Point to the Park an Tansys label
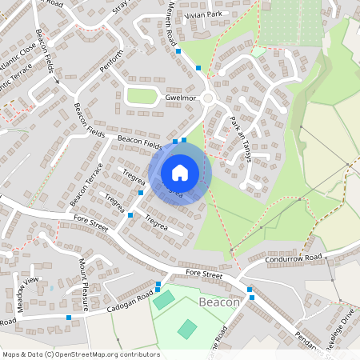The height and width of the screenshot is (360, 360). pyautogui.click(x=241, y=140)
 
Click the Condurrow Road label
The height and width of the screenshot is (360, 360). pyautogui.click(x=295, y=258)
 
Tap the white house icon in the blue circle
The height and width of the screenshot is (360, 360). pyautogui.click(x=180, y=172)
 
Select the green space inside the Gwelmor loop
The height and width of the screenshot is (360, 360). pyautogui.click(x=142, y=96)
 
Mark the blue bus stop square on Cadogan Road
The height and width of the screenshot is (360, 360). pyautogui.click(x=70, y=318)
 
